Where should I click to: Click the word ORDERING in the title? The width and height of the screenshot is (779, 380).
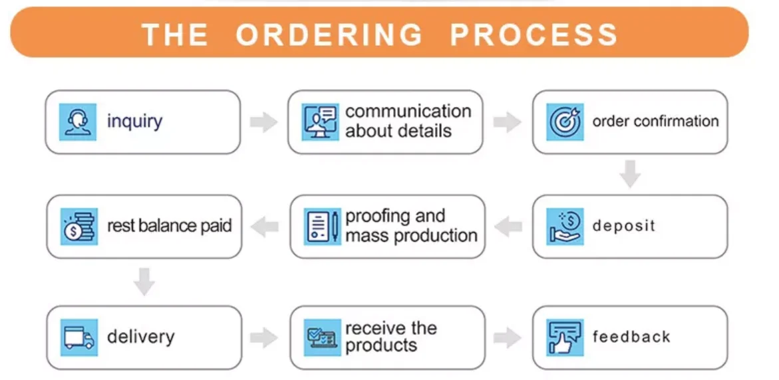tap(329, 34)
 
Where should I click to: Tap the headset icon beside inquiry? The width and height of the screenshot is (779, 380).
tap(78, 122)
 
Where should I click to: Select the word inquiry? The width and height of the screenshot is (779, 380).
tap(134, 122)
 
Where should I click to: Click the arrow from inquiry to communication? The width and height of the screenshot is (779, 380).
tap(263, 122)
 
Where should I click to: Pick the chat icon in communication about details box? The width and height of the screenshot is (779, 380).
tap(320, 122)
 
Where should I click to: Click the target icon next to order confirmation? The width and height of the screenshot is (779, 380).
tap(565, 122)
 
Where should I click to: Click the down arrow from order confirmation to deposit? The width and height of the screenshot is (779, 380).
tap(629, 174)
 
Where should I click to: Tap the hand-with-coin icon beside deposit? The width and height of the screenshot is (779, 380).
tap(565, 226)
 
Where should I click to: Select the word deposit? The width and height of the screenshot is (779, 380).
tap(623, 226)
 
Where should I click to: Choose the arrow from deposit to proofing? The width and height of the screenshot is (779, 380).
tap(509, 227)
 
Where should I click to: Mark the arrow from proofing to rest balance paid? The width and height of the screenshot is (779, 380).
tap(265, 227)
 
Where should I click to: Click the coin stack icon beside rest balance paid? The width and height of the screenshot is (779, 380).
tap(78, 227)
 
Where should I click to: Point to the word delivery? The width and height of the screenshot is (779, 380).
tap(140, 337)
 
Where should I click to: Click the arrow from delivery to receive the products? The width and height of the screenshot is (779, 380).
tap(263, 337)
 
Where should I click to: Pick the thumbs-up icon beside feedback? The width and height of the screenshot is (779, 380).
tap(565, 337)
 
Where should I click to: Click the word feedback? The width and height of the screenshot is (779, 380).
tap(631, 337)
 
